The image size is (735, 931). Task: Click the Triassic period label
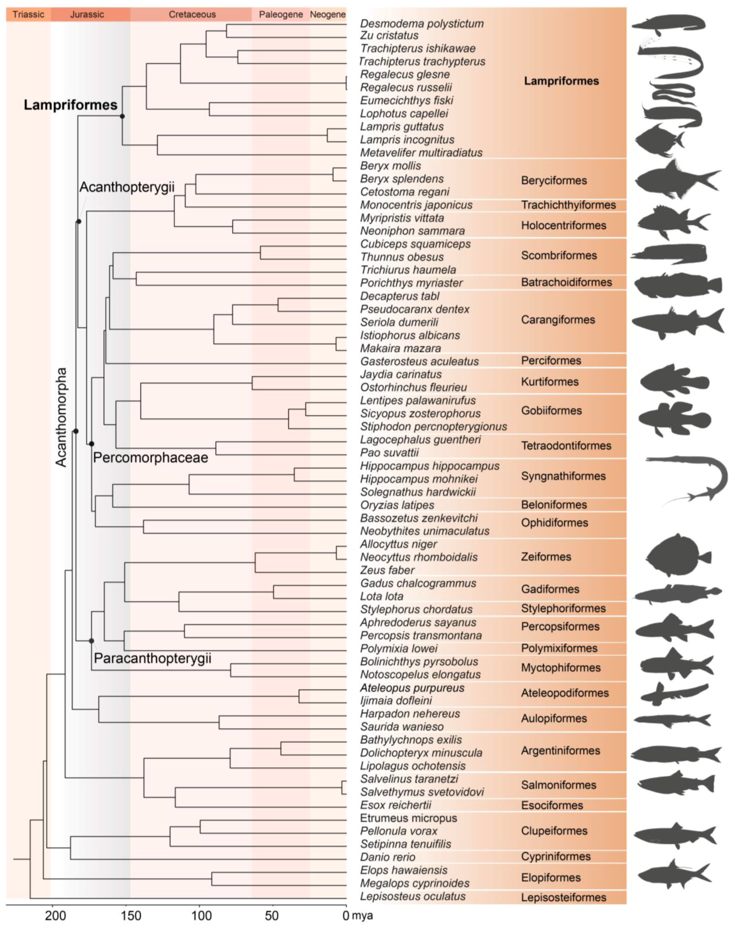pos(28,15)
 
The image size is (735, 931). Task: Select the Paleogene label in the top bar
pos(281,15)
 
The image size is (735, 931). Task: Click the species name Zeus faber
pos(387,570)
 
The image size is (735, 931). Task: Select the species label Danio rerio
pos(388,857)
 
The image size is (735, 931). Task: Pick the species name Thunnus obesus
pos(402,257)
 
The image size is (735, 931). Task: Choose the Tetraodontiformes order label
pos(566,446)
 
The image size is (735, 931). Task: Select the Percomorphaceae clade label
pos(151,458)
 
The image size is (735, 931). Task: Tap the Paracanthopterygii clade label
pos(153,659)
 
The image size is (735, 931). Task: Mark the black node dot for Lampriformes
pos(122,116)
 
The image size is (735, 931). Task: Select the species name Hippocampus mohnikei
pos(419,479)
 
